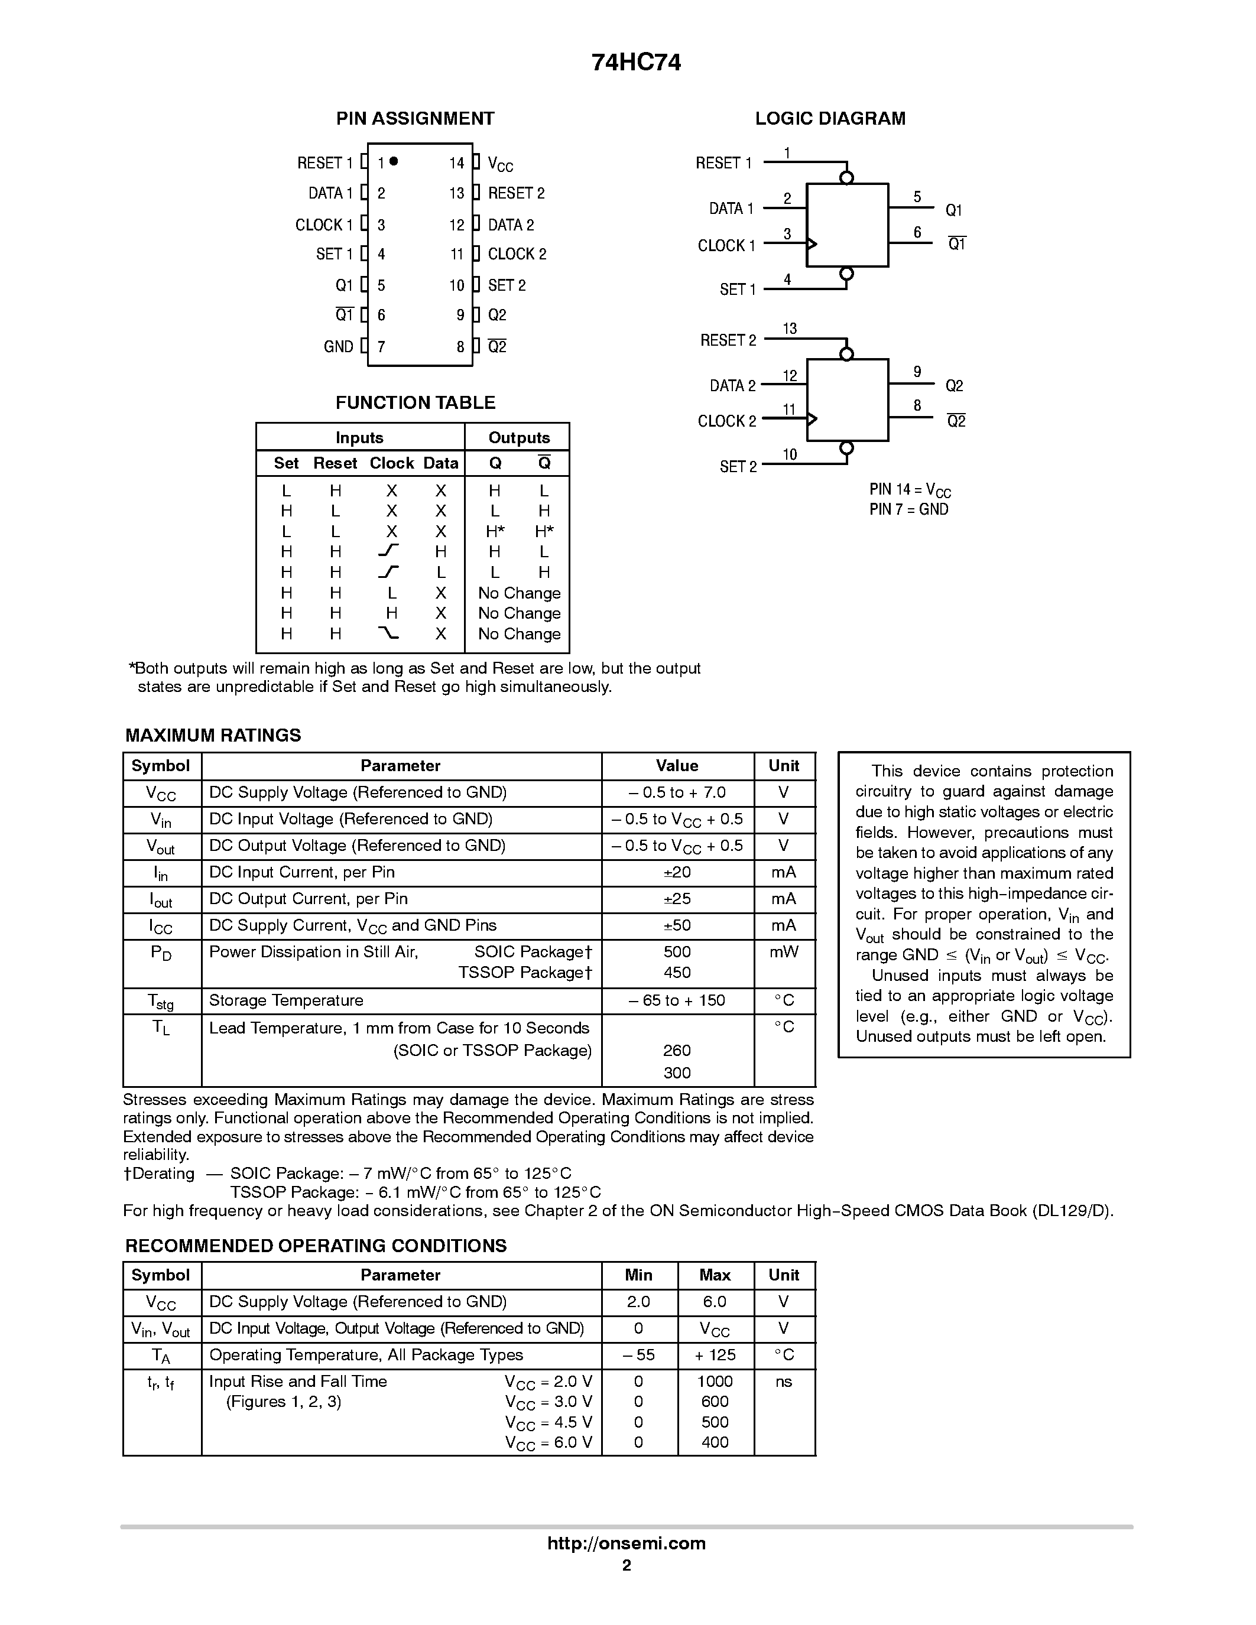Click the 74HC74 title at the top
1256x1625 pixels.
coord(636,63)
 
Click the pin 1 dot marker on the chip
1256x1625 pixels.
coord(394,161)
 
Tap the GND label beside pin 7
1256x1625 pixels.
coord(339,347)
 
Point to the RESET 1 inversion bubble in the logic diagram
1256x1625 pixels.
coord(846,178)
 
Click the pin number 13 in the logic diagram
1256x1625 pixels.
coord(790,328)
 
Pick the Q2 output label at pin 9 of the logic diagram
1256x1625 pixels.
coord(954,385)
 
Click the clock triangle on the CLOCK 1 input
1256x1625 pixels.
coord(812,244)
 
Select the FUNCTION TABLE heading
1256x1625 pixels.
coord(415,402)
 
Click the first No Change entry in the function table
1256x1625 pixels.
coord(520,593)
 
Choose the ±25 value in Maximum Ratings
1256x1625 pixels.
coord(677,899)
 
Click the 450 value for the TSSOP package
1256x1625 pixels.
coord(677,973)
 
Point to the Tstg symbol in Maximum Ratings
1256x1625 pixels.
coord(161,1002)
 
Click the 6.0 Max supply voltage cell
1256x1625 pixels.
coord(715,1301)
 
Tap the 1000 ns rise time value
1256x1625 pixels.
coord(715,1381)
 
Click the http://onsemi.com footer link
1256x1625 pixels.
coord(627,1543)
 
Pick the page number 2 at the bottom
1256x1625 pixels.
coord(627,1565)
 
